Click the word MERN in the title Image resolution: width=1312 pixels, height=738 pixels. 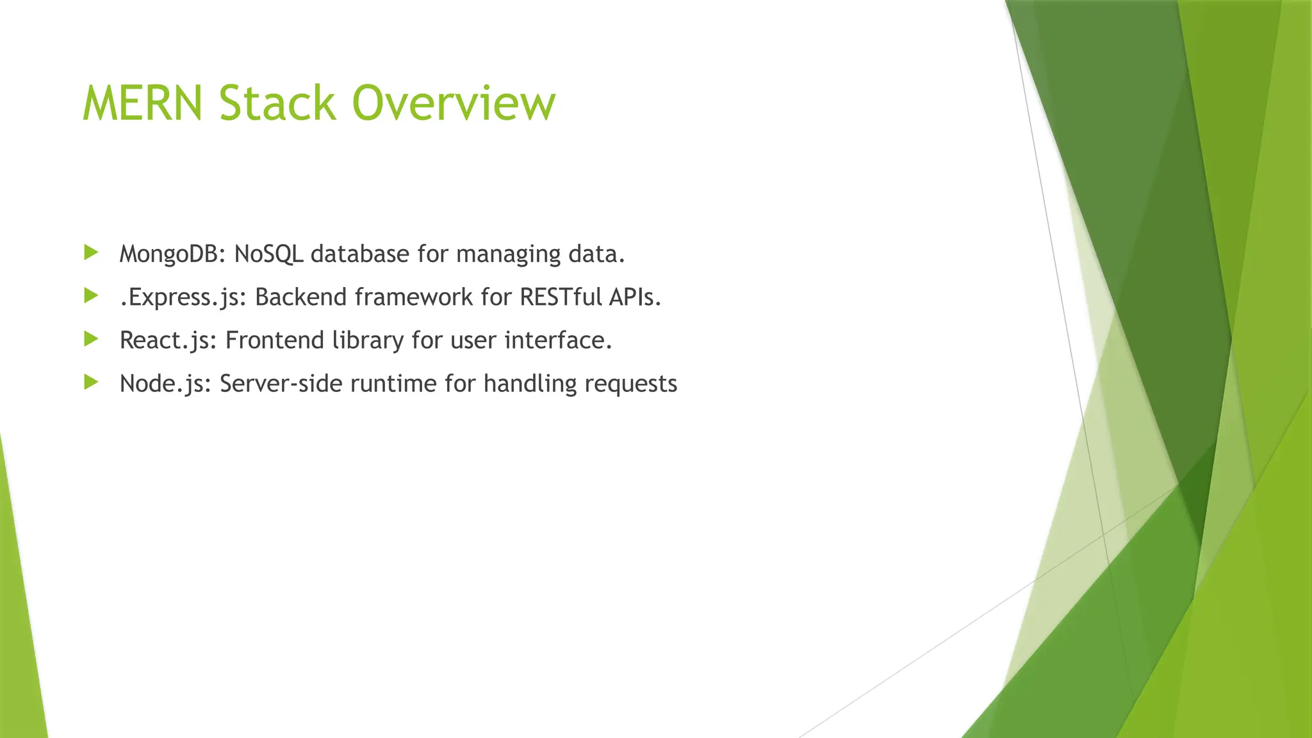(x=143, y=103)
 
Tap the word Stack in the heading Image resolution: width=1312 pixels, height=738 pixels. (x=277, y=103)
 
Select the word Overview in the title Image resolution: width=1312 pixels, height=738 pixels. (x=454, y=103)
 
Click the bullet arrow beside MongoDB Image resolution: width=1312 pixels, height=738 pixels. (x=91, y=252)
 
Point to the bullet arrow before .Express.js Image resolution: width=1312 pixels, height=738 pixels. (x=91, y=296)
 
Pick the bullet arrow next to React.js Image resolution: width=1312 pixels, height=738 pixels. (x=91, y=339)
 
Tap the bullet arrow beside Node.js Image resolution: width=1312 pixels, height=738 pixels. (x=91, y=382)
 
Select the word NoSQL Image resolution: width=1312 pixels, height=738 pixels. (x=268, y=254)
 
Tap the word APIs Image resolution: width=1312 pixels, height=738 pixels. (x=635, y=297)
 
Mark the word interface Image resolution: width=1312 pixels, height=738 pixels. (x=558, y=340)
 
